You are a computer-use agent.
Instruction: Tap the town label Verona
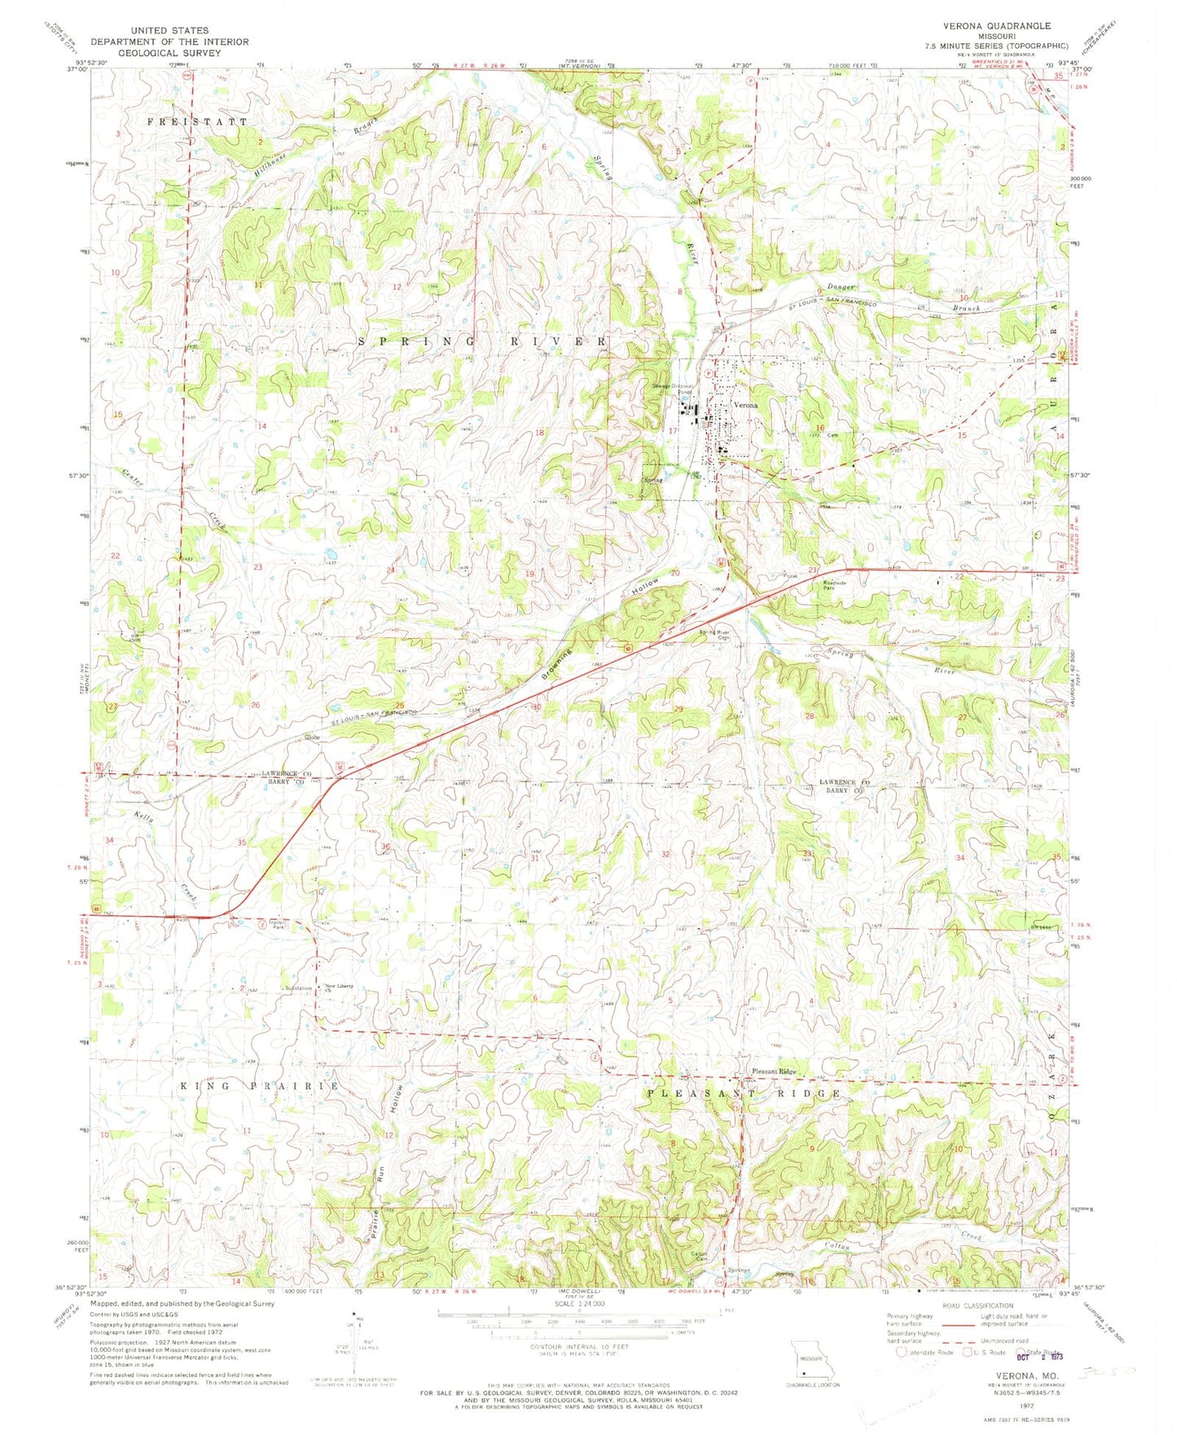point(745,405)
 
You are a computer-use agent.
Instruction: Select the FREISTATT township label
point(197,121)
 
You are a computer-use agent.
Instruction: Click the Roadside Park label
point(835,585)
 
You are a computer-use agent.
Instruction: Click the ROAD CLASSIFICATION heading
point(973,1326)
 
